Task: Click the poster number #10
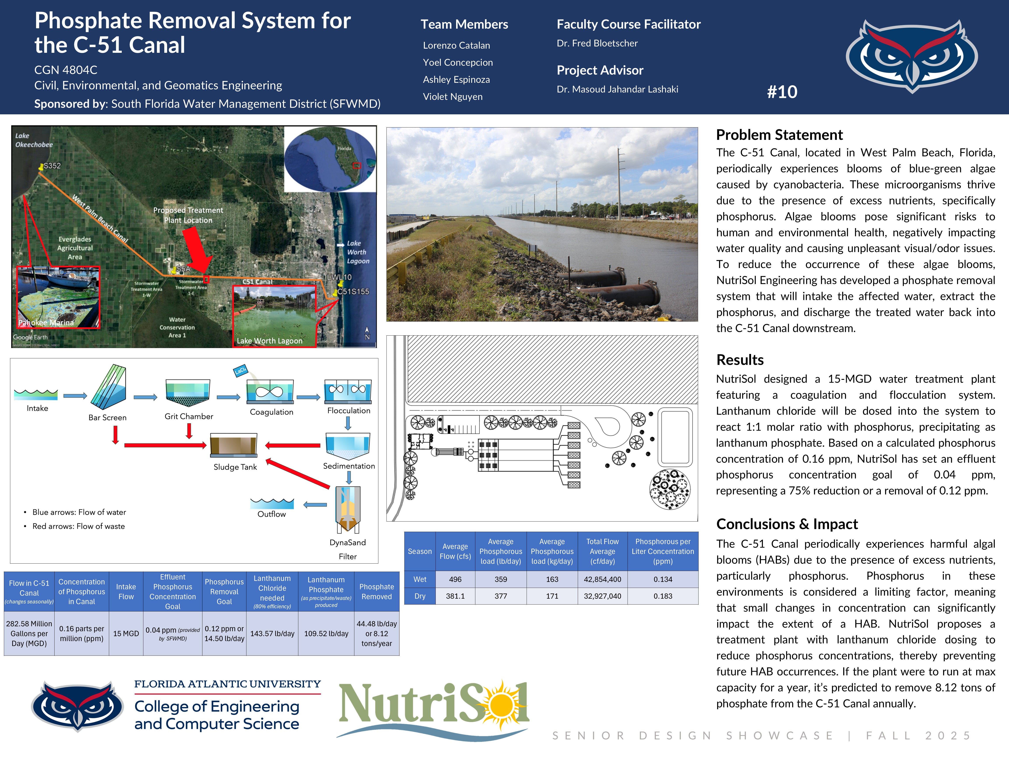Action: pyautogui.click(x=782, y=92)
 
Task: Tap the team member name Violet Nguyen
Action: pyautogui.click(x=453, y=97)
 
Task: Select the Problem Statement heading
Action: pyautogui.click(x=779, y=135)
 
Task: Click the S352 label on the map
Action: pyautogui.click(x=51, y=166)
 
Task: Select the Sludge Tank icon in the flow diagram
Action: pyautogui.click(x=234, y=445)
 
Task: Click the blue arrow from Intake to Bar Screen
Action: pyautogui.click(x=75, y=396)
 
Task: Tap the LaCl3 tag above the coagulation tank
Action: pyautogui.click(x=240, y=370)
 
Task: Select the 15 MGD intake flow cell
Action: pyautogui.click(x=126, y=633)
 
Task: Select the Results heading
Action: pyautogui.click(x=740, y=360)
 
